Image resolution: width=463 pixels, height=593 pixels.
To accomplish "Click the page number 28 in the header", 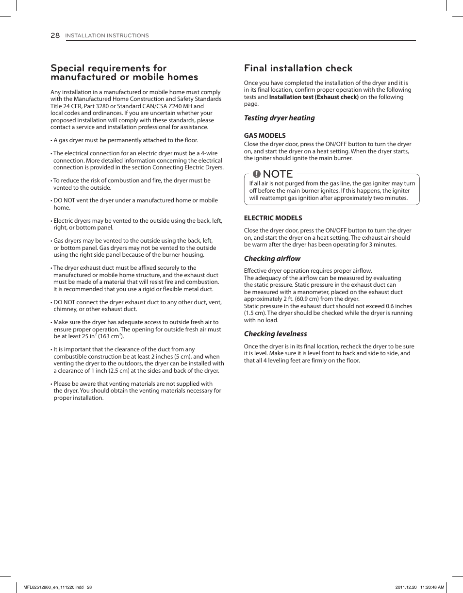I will pyautogui.click(x=55, y=35).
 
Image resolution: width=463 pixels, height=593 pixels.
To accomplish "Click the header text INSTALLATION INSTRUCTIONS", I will pyautogui.click(x=107, y=36).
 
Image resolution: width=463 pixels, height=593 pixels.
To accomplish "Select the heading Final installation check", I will pyautogui.click(x=298, y=68).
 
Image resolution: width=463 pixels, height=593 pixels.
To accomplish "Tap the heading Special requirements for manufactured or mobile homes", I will pyautogui.click(x=124, y=73).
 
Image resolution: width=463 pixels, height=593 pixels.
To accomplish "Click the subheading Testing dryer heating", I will pyautogui.click(x=279, y=118).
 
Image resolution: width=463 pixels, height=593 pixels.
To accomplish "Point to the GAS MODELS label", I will pyautogui.click(x=265, y=135).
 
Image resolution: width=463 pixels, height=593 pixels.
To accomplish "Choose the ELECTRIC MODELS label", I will pyautogui.click(x=273, y=218).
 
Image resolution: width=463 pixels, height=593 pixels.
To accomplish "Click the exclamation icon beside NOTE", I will pyautogui.click(x=257, y=174).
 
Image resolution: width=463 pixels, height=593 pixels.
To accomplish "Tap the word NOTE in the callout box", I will pyautogui.click(x=279, y=174).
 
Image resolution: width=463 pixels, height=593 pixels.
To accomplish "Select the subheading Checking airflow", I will pyautogui.click(x=272, y=259).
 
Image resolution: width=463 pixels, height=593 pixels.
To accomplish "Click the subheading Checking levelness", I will pyautogui.click(x=275, y=334).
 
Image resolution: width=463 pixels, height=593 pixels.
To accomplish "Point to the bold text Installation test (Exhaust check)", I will pyautogui.click(x=314, y=97).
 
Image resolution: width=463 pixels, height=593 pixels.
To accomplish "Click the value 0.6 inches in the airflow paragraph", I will pyautogui.click(x=399, y=306).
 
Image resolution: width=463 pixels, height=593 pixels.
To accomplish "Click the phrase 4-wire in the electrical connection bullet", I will pyautogui.click(x=209, y=153).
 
